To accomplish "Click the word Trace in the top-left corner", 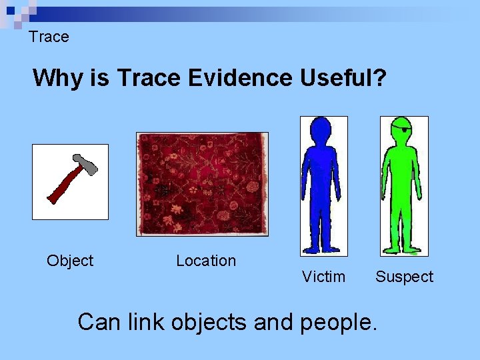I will click(x=49, y=37).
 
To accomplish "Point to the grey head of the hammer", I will click(x=85, y=165).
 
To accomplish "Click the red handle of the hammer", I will click(x=63, y=187).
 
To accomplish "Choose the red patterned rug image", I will click(x=202, y=184).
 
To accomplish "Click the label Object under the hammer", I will click(x=70, y=261).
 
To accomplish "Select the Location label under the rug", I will click(x=205, y=261).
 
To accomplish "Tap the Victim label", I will click(x=323, y=277).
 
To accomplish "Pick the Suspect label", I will click(x=404, y=277).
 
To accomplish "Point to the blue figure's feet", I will click(x=324, y=250).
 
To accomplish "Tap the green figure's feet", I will click(x=403, y=251).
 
